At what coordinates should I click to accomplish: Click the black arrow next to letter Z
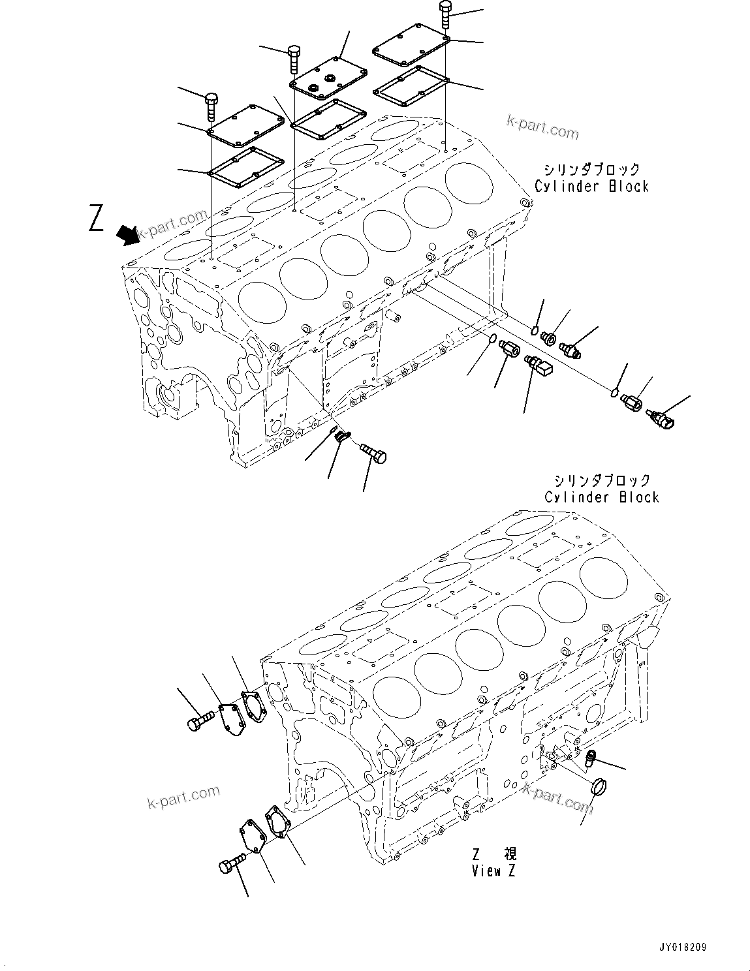pyautogui.click(x=128, y=235)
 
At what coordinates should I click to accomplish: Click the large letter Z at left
pyautogui.click(x=97, y=217)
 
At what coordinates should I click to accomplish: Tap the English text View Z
pyautogui.click(x=494, y=871)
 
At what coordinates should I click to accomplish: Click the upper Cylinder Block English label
pyautogui.click(x=591, y=186)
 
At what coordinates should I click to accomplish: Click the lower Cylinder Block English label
pyautogui.click(x=602, y=497)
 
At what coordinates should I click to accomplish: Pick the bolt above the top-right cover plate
pyautogui.click(x=445, y=14)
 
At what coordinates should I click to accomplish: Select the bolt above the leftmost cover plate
pyautogui.click(x=211, y=106)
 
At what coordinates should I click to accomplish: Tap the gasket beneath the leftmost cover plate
pyautogui.click(x=244, y=166)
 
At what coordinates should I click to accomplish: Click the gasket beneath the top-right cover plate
pyautogui.click(x=410, y=85)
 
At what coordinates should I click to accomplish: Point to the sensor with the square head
pyautogui.click(x=539, y=366)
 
